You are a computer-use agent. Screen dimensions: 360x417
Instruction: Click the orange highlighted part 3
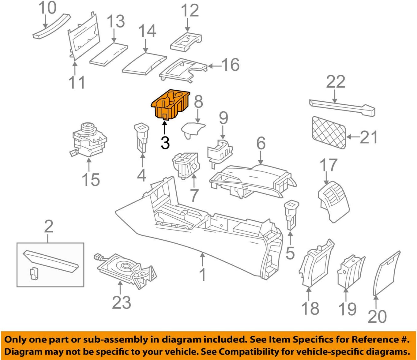pyautogui.click(x=170, y=105)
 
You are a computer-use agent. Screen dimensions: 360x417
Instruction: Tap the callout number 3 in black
pyautogui.click(x=165, y=143)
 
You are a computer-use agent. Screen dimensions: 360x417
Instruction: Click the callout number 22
pyautogui.click(x=336, y=82)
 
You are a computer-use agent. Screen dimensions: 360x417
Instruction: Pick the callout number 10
pyautogui.click(x=48, y=8)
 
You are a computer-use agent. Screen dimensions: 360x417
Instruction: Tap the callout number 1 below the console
pyautogui.click(x=203, y=274)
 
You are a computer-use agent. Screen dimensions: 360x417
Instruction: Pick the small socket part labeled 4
pyautogui.click(x=141, y=137)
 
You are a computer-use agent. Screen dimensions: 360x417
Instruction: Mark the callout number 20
pyautogui.click(x=377, y=316)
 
